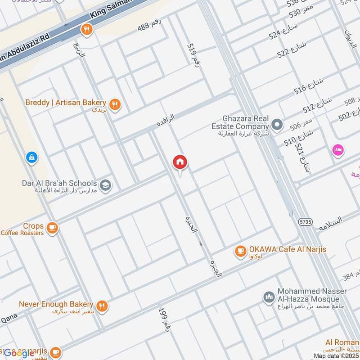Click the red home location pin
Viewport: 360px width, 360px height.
[x=180, y=163]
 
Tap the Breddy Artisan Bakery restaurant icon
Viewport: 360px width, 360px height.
[x=116, y=104]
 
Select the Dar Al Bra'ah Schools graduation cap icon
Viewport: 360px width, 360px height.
[x=105, y=185]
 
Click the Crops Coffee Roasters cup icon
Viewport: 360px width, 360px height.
[x=53, y=228]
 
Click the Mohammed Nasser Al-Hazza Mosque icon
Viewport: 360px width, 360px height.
[x=269, y=297]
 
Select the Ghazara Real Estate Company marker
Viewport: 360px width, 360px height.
[x=278, y=125]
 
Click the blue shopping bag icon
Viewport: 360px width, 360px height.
[x=31, y=157]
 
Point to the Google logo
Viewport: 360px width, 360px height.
[x=19, y=353]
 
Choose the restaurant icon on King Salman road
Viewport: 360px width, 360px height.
[x=86, y=30]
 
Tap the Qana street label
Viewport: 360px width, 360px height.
[x=9, y=319]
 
